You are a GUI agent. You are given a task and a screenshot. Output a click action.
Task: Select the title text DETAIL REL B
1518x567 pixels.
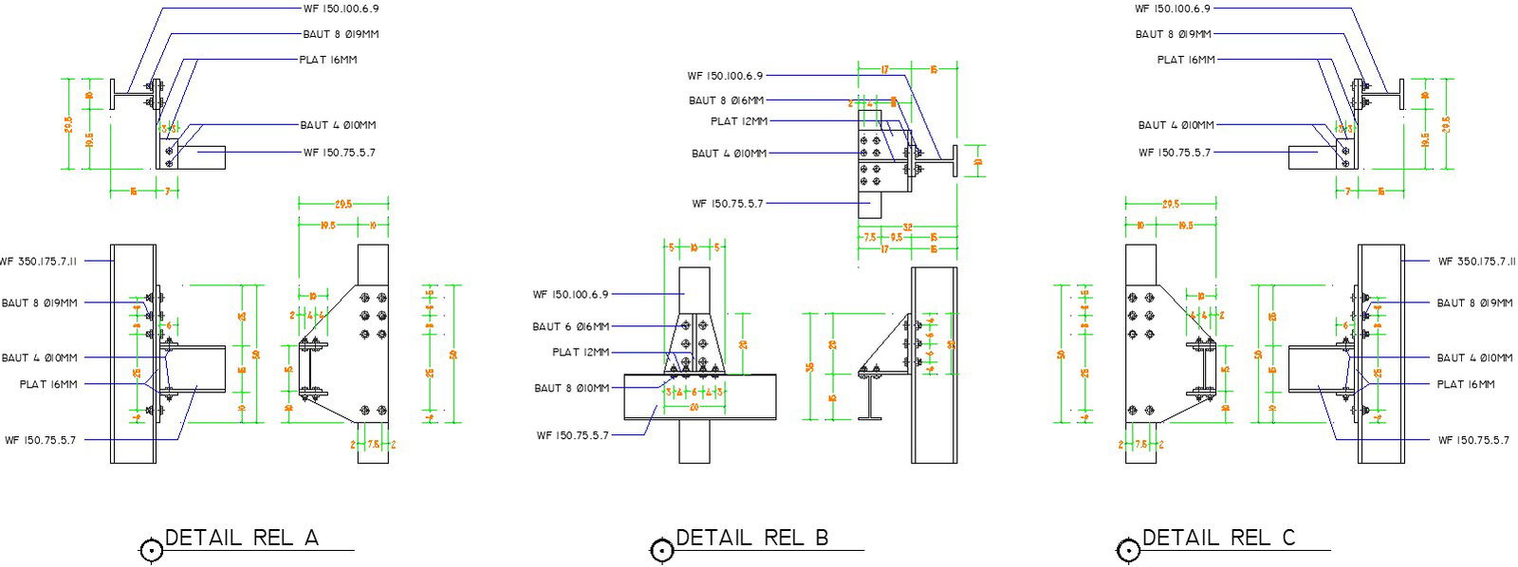[751, 538]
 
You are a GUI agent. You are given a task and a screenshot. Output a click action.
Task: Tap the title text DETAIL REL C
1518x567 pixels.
[1217, 538]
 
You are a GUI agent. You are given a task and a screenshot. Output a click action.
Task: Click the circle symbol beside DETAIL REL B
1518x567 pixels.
[661, 551]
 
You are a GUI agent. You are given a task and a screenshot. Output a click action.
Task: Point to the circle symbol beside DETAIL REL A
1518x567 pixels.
[151, 551]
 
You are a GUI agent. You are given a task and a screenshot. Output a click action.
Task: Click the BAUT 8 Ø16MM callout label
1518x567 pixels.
[726, 100]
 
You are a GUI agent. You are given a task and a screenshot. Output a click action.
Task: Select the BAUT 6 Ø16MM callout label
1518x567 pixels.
[570, 326]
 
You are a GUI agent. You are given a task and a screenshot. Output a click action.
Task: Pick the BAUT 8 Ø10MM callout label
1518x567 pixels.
[572, 388]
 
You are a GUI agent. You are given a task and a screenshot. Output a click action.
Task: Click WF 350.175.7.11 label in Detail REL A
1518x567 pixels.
[40, 261]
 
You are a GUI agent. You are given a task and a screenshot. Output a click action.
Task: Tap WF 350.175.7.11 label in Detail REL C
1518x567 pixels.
[1475, 261]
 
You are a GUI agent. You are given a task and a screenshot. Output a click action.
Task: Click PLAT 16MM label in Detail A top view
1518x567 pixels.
[328, 60]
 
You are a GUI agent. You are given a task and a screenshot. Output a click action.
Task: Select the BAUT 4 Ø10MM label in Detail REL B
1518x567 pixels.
[729, 153]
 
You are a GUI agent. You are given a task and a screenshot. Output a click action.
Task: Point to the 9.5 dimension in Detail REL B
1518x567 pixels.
[897, 237]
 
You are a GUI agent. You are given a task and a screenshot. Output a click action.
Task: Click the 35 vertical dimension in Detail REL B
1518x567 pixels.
[810, 366]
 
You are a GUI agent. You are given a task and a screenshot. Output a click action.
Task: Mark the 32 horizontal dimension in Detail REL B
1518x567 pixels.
[907, 228]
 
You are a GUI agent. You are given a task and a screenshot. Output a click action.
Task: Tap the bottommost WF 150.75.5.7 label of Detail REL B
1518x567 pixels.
[572, 435]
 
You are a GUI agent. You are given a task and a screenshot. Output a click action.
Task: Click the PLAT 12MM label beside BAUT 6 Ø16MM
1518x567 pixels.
[581, 352]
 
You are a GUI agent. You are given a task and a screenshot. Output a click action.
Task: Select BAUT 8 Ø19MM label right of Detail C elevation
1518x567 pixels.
[1474, 302]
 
